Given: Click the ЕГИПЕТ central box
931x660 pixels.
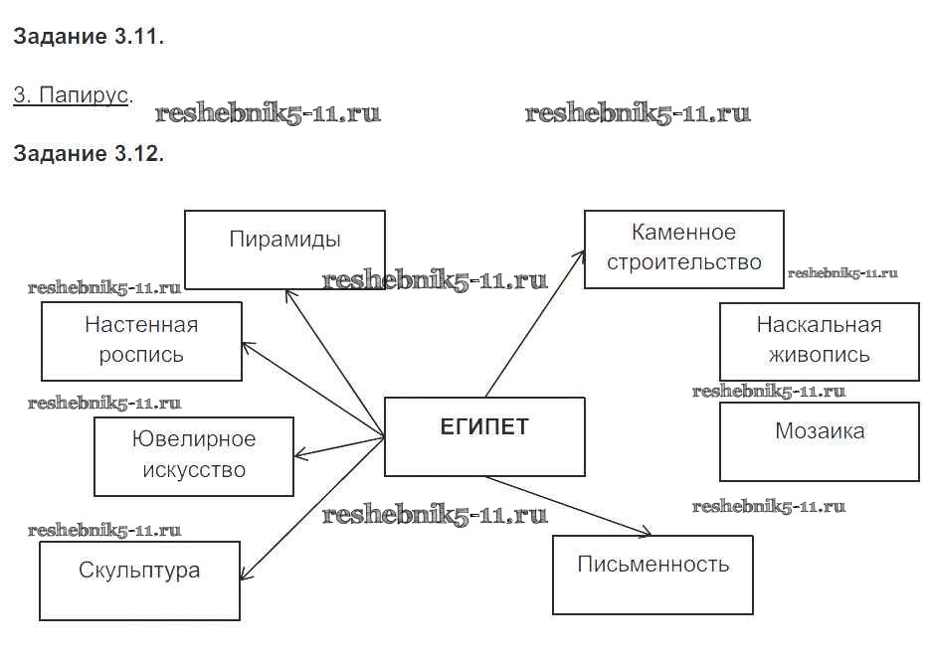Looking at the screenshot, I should coord(484,436).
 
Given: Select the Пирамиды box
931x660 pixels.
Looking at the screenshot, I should coord(285,248).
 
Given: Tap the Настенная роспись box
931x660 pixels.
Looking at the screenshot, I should coord(141,341).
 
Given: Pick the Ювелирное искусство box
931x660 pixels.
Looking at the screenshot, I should coord(194,456).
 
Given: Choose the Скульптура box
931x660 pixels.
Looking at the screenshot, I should coord(139,580).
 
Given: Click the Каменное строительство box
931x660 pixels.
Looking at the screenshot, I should coord(683,249).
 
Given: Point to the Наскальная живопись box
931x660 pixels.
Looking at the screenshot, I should coord(819,341).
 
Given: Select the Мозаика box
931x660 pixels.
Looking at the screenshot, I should coord(819,441).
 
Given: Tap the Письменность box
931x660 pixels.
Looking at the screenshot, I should coord(652,574).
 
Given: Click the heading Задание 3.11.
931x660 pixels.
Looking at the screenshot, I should coord(89,38).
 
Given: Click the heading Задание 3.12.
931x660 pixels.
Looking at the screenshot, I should coord(89,154).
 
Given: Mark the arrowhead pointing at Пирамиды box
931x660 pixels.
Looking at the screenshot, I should coord(287,294).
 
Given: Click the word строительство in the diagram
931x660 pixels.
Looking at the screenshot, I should coord(683,262).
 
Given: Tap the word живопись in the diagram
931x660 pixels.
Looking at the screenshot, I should coord(819,355).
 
